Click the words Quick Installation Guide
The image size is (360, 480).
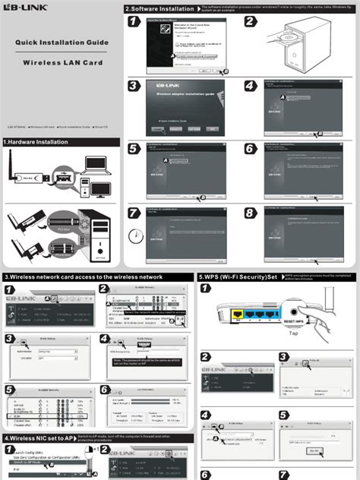coord(61,43)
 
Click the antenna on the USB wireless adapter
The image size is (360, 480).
coord(13,167)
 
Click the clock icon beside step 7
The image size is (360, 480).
coord(135,236)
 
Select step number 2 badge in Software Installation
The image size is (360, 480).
coord(251,23)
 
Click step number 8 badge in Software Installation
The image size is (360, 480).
coord(251,213)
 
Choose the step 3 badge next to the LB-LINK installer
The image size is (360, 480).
coord(134,86)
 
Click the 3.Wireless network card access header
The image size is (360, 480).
coord(84,277)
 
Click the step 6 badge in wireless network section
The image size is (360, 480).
coord(105,389)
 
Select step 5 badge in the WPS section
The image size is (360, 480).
coord(284,415)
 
